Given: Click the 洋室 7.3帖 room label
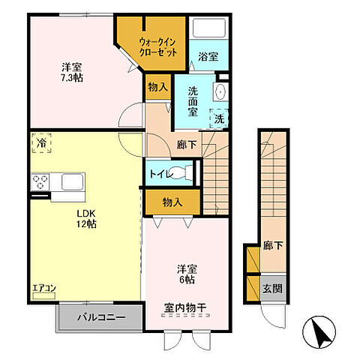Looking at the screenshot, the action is click(72, 73).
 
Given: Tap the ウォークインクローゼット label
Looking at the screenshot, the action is click(158, 47).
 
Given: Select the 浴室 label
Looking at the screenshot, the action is click(208, 56).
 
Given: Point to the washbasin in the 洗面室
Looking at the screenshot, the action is click(220, 91).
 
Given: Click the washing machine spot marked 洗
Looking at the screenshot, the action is click(219, 119).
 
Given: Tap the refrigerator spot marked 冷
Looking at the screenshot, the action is click(41, 143).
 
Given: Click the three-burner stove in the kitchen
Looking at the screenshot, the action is click(40, 182).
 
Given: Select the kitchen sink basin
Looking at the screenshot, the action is click(73, 182).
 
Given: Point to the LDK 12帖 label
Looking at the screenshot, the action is click(86, 219).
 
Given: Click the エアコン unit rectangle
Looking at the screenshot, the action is click(43, 295).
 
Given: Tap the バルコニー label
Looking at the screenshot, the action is click(101, 318).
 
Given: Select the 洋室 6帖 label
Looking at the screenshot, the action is click(187, 274).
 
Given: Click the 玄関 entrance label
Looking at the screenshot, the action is click(272, 289).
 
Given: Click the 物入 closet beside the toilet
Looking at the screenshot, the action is click(172, 202).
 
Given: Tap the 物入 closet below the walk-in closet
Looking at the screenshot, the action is click(157, 87).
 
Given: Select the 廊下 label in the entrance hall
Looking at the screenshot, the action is click(273, 246).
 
